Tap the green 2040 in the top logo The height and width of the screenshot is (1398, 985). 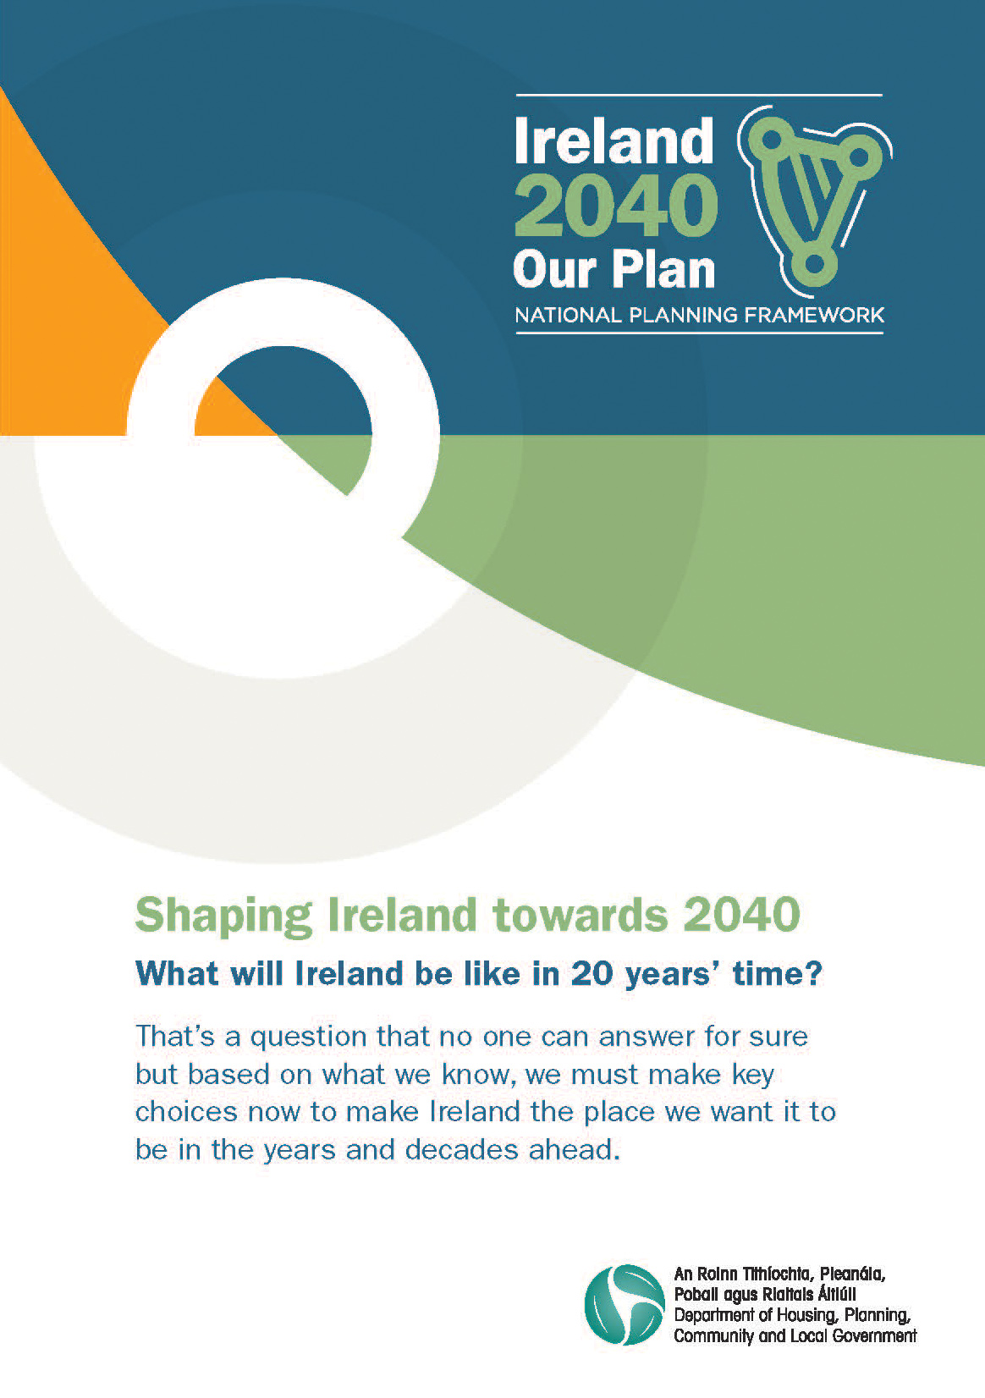[616, 206]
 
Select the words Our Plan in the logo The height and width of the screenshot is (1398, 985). [614, 270]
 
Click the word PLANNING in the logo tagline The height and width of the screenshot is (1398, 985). [683, 315]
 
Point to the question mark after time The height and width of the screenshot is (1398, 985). [814, 973]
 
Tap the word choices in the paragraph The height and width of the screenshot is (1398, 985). [187, 1111]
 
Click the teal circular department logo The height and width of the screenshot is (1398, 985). [625, 1304]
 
